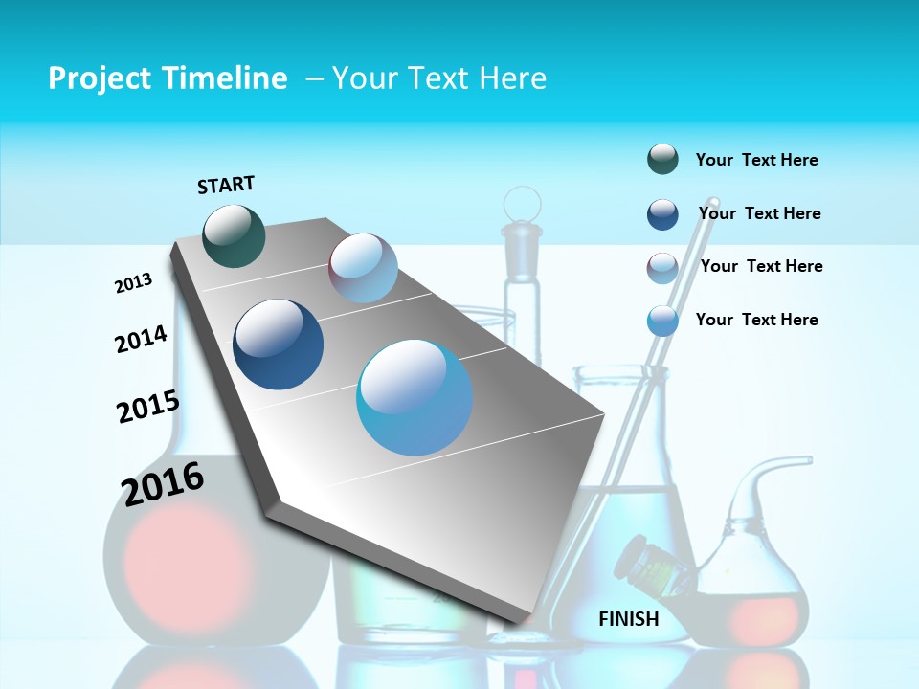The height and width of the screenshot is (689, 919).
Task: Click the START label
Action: pos(226,185)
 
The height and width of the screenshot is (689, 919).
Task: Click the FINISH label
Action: pos(628,619)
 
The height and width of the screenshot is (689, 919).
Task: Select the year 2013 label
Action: pos(133,283)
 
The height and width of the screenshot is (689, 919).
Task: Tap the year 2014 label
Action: pos(141,339)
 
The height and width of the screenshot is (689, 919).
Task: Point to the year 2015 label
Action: pos(147,407)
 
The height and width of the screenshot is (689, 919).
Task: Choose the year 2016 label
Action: pos(163,483)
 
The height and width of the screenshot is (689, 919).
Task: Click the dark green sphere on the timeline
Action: pos(235,235)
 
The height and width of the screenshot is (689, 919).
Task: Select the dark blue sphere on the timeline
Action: pos(279,344)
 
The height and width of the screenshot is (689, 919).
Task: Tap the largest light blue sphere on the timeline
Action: pos(415,397)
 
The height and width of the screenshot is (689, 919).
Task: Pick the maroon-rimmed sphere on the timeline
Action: pos(363,267)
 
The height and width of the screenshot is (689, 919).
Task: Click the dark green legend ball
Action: pos(662,160)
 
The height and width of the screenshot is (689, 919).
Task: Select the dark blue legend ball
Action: pos(662,214)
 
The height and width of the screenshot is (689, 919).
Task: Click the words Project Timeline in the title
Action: pos(168,78)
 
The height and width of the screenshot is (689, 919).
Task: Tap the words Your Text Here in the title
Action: pos(439,78)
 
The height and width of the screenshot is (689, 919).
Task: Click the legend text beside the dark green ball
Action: pos(756,160)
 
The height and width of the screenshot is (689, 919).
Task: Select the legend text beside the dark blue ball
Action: pos(759,213)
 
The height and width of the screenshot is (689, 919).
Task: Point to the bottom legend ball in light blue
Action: pos(662,321)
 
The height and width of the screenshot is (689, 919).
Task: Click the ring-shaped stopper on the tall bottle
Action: pos(522,204)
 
